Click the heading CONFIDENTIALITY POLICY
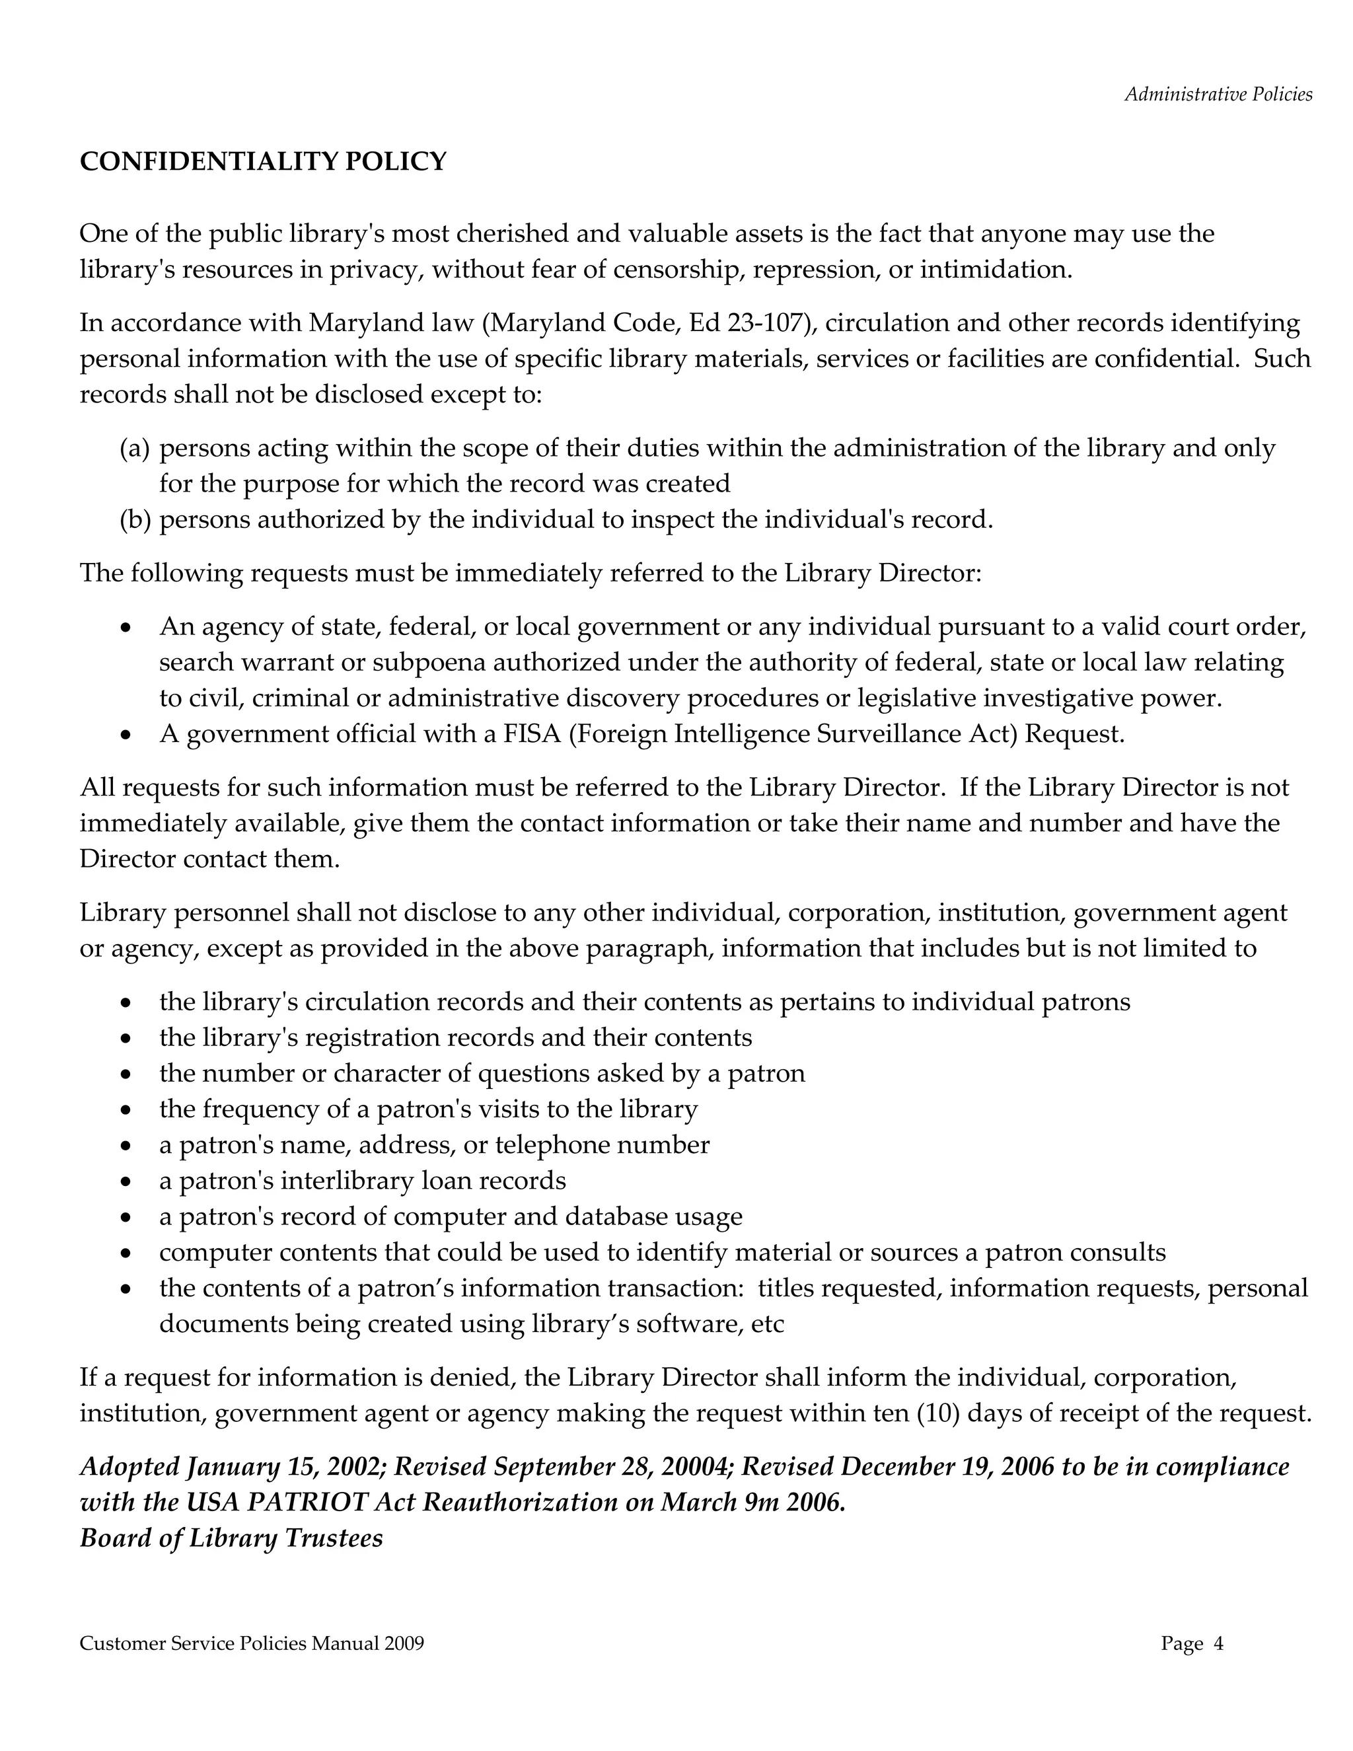tap(263, 162)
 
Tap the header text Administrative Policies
tap(1218, 94)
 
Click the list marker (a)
tap(135, 448)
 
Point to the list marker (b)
tap(135, 520)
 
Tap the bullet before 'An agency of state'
tap(125, 628)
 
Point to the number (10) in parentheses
tap(939, 1413)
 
